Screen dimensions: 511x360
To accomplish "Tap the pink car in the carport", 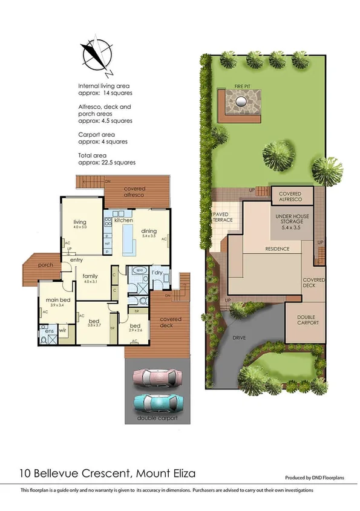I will pyautogui.click(x=157, y=377).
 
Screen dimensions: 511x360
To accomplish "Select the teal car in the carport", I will pyautogui.click(x=157, y=402).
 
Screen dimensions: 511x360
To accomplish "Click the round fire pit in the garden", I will pyautogui.click(x=242, y=101).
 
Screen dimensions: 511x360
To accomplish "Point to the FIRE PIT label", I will pyautogui.click(x=243, y=86).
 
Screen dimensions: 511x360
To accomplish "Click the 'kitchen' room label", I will pyautogui.click(x=123, y=220).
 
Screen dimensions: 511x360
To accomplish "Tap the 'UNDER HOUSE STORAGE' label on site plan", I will pyautogui.click(x=293, y=218).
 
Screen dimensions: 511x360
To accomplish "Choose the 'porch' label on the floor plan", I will pyautogui.click(x=45, y=265).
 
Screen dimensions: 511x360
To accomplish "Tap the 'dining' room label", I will pyautogui.click(x=149, y=230).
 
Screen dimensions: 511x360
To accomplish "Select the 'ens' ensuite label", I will pyautogui.click(x=46, y=330).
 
